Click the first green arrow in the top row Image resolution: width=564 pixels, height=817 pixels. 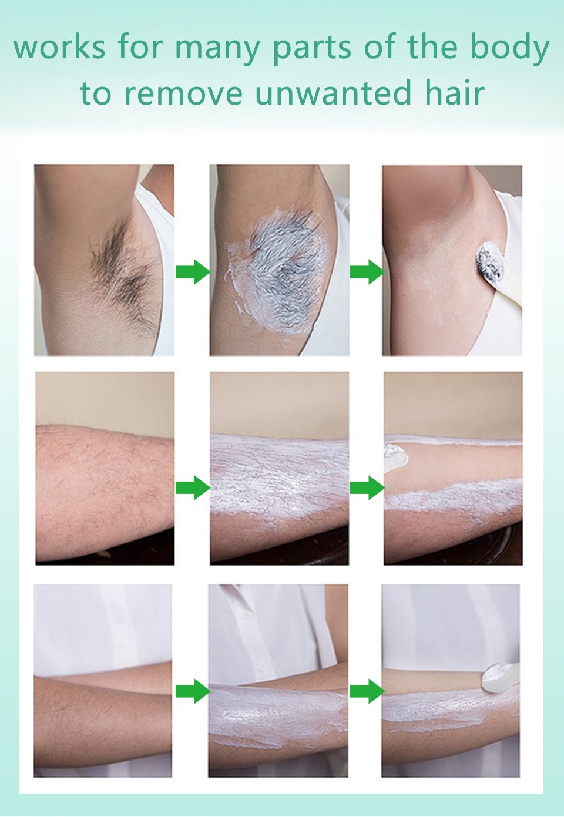(192, 272)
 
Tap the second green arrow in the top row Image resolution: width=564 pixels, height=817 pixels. (367, 272)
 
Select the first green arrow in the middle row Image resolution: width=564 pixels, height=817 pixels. (192, 487)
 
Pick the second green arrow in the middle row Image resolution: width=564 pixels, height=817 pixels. (367, 487)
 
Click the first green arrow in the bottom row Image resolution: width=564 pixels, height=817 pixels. (192, 691)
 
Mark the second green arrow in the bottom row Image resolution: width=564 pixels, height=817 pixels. (367, 691)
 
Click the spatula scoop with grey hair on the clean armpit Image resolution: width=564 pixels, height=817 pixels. (490, 264)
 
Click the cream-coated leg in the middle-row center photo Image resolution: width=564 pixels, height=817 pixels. (279, 479)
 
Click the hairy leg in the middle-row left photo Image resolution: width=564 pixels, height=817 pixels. (103, 487)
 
